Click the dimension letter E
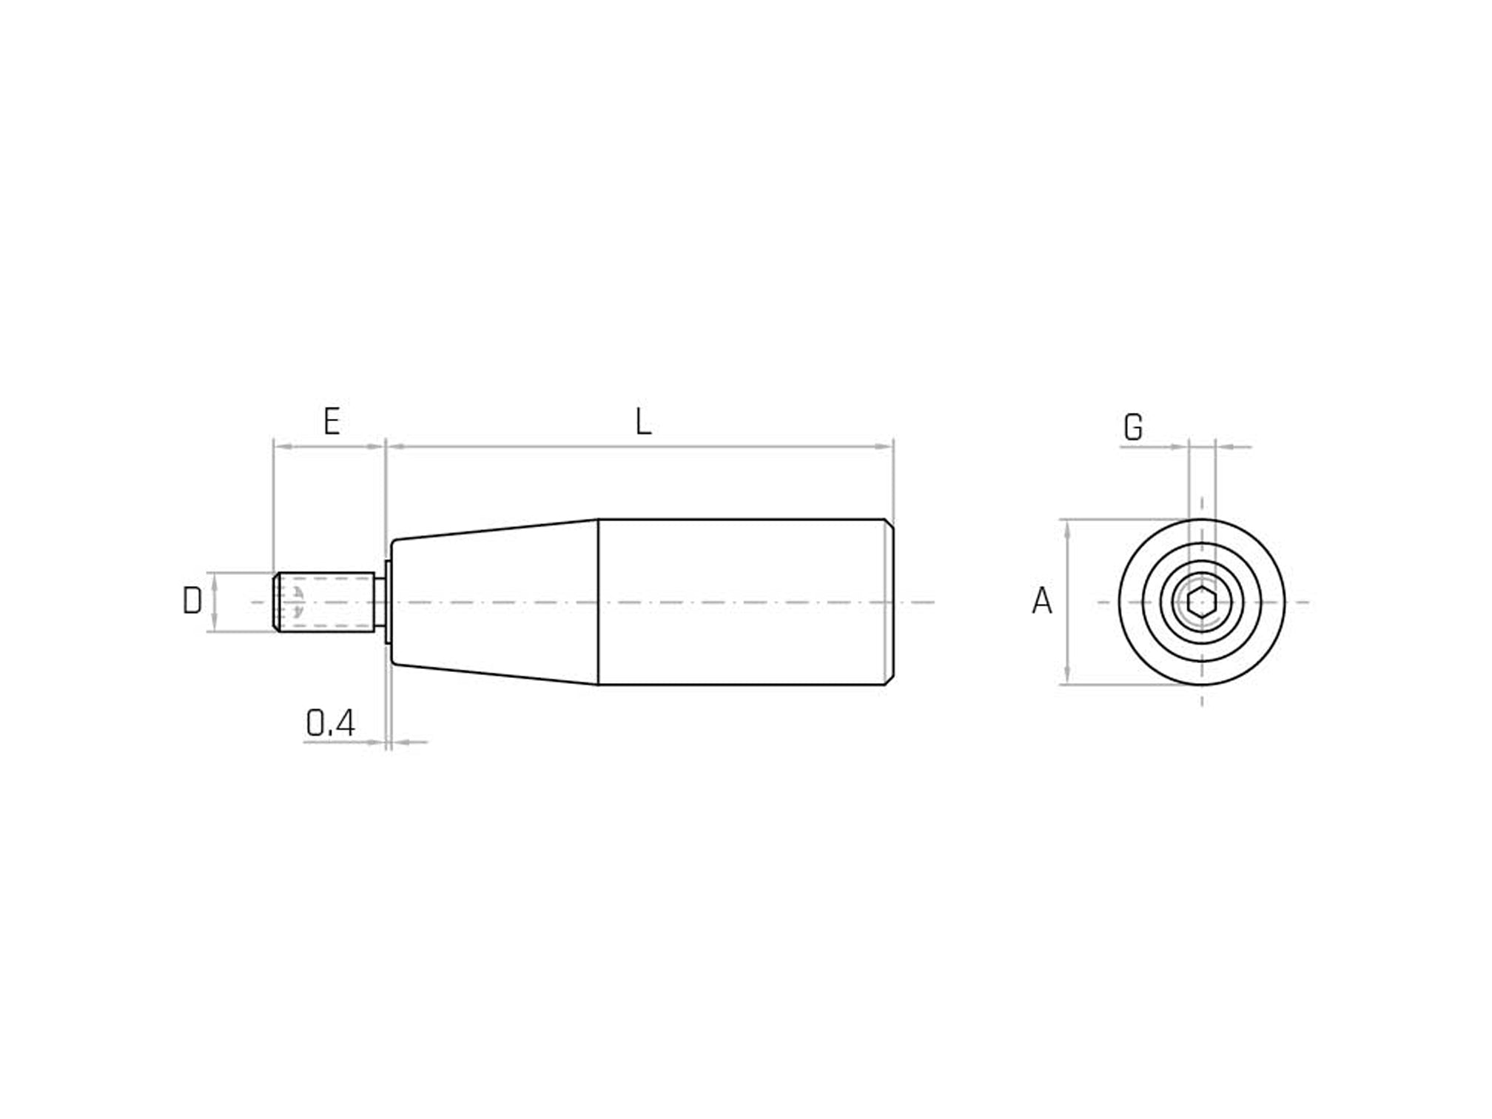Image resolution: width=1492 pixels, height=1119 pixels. pos(332,421)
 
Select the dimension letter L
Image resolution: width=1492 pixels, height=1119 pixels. pos(643,423)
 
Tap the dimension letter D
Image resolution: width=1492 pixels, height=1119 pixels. pos(192,601)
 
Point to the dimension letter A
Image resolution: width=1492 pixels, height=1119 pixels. pos(1041,601)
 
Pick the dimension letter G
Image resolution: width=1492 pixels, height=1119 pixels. pos(1132,428)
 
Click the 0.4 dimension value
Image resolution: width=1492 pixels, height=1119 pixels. pos(330,723)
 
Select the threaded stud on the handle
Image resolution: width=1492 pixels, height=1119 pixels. pos(326,602)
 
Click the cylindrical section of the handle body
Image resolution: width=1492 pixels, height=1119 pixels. pos(740,602)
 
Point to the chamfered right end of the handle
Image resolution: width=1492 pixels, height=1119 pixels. pos(890,602)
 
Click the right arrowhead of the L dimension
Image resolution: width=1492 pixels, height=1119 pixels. pos(885,447)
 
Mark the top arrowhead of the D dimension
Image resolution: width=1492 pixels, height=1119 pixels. pos(214,579)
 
